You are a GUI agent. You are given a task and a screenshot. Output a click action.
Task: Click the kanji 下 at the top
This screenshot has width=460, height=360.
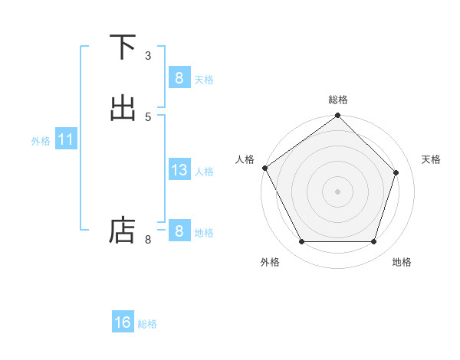coord(123,47)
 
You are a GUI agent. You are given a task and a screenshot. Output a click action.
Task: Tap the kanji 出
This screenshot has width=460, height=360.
coord(123,108)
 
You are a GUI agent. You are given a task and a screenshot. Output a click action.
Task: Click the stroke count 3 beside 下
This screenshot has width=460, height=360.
coord(148,55)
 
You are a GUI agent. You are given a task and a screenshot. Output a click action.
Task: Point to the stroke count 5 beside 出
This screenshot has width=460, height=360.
coord(148,116)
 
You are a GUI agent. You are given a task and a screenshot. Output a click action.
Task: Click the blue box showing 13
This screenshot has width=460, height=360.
coord(179,170)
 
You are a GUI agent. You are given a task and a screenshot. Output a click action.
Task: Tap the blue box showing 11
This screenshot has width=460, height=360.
coord(66,140)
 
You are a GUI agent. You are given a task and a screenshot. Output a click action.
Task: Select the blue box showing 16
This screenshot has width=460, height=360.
coord(123,322)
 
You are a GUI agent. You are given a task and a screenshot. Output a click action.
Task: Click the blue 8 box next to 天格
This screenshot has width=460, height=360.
coord(179,78)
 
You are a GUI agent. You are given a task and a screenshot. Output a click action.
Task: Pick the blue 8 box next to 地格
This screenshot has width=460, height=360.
coord(179,231)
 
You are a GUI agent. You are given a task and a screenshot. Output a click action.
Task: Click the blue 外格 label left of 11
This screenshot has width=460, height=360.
coord(41,141)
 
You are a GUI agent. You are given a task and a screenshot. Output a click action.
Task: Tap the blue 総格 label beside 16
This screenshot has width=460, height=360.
coord(147,324)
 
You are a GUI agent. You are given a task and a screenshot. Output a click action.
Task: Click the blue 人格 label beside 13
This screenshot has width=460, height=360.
coord(205,172)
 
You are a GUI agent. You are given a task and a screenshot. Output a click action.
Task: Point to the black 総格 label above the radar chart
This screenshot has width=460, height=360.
coord(337,100)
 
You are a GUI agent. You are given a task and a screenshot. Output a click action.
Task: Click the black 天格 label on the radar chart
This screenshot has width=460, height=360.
coord(432,159)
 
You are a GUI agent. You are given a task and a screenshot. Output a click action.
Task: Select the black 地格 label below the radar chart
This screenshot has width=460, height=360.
coord(402,262)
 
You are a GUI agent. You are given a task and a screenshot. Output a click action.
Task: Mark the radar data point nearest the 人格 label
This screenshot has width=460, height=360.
coord(265,168)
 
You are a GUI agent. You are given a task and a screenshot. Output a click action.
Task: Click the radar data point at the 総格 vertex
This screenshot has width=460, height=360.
coord(337,116)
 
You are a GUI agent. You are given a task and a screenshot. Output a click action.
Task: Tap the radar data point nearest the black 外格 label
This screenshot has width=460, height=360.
coord(301,242)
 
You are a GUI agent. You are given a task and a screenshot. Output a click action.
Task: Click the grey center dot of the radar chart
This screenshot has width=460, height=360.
coord(337,191)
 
